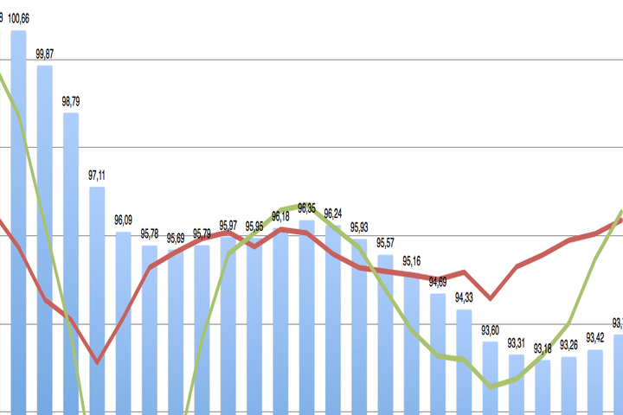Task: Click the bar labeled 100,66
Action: coord(18,216)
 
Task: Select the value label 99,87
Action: coord(45,54)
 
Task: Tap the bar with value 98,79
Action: coord(71,259)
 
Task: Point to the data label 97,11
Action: coord(97,175)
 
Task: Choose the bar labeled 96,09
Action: coord(123,320)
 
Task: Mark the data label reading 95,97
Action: coord(228,225)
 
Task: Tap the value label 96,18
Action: coord(280,216)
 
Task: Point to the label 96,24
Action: coord(333,213)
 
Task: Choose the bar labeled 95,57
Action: coord(385,333)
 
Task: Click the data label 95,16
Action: coord(412,261)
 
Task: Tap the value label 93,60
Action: coord(491,329)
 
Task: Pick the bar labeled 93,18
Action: coord(543,386)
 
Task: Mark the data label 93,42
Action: coord(595,337)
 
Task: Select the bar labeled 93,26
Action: coord(568,385)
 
